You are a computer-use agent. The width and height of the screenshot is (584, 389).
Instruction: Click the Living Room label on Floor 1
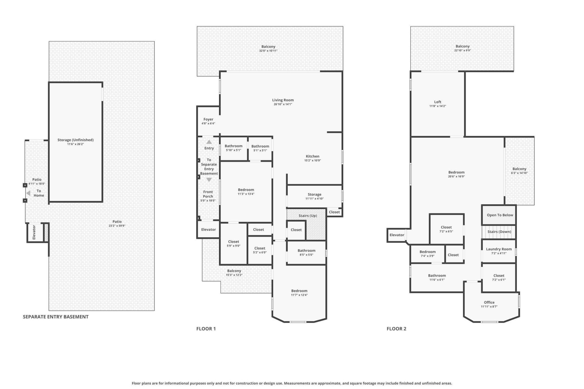tap(283, 100)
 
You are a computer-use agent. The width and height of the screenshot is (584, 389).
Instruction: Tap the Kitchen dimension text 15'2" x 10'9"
tap(312, 160)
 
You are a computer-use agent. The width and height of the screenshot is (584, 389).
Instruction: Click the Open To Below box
tap(499, 215)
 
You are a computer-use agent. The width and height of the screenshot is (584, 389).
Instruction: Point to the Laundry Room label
tap(499, 249)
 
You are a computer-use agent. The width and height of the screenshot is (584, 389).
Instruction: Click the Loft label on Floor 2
tap(437, 102)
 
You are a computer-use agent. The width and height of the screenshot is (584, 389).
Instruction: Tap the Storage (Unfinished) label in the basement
tap(75, 140)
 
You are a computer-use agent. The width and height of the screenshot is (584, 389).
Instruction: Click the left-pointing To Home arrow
tap(28, 193)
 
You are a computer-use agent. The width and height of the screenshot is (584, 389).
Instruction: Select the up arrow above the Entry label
tap(209, 142)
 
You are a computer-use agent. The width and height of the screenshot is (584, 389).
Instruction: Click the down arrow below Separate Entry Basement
tap(209, 180)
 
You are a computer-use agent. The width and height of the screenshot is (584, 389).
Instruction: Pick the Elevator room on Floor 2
tap(397, 235)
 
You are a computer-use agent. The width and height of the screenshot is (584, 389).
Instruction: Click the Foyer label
tap(208, 119)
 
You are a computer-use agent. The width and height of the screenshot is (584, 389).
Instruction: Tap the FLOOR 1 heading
tap(206, 329)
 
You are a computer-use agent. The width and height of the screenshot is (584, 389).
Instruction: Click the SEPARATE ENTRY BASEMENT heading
tap(56, 317)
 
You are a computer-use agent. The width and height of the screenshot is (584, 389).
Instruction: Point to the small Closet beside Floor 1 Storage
tap(334, 212)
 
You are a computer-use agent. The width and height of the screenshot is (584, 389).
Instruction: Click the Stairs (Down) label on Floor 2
tap(499, 232)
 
